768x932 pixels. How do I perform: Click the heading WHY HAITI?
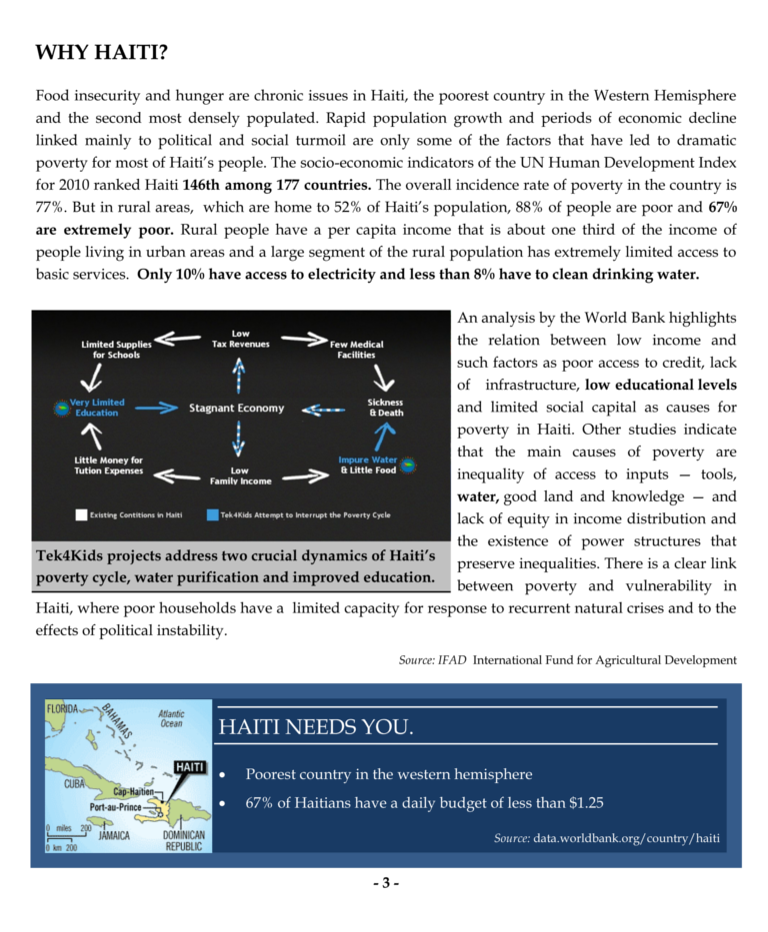coord(101,52)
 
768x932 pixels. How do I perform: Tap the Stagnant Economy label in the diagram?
coord(236,408)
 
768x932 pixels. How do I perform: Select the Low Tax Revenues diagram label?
coord(241,339)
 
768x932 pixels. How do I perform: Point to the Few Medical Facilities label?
coord(357,350)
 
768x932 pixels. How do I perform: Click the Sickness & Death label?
coord(385,408)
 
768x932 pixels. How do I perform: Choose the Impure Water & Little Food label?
coord(367,465)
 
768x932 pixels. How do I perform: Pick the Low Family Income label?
coord(240,474)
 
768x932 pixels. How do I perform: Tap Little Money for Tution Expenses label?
coord(108,465)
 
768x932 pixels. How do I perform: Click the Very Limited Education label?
coord(97,408)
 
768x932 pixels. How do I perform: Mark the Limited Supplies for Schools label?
coord(117,350)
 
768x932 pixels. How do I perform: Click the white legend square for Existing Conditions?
coord(81,514)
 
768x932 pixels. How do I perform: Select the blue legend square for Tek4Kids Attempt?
coord(212,514)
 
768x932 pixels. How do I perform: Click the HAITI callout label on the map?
coord(190,767)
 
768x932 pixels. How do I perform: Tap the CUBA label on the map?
coord(75,784)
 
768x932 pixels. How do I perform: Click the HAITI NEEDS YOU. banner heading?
coord(315,727)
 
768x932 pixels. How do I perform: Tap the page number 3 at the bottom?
coord(385,884)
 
